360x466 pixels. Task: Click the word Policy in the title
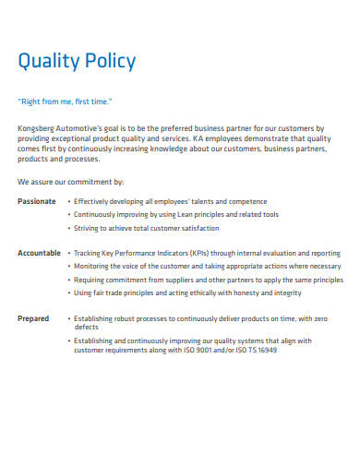pyautogui.click(x=110, y=62)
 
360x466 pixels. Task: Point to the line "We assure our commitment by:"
pyautogui.click(x=70, y=181)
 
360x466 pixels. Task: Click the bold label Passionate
pyautogui.click(x=37, y=200)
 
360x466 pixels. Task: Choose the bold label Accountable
pyautogui.click(x=39, y=252)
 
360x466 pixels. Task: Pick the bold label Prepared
pyautogui.click(x=33, y=318)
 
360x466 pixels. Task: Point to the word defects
pyautogui.click(x=86, y=327)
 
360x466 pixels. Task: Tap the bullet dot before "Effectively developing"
pyautogui.click(x=68, y=201)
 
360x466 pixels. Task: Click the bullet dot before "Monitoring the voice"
pyautogui.click(x=68, y=266)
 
